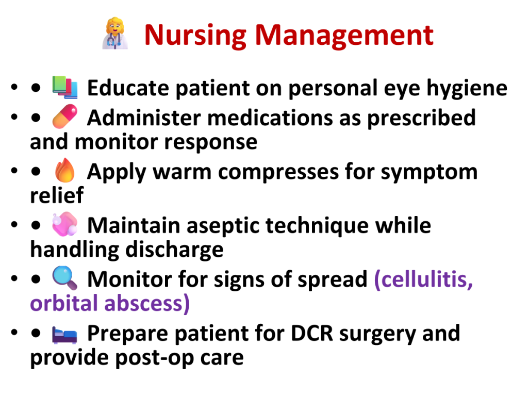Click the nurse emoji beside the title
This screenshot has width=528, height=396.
tap(115, 34)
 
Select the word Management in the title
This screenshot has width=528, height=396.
tap(344, 36)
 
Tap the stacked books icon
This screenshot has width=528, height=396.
tap(65, 88)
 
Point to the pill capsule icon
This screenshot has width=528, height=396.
tap(65, 117)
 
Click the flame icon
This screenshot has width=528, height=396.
tap(65, 170)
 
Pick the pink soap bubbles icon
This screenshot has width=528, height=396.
tap(65, 224)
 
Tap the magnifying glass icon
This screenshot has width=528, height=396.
tap(65, 278)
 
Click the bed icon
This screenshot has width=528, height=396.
tap(64, 334)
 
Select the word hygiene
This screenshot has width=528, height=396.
tap(467, 89)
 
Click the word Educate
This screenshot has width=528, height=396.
tap(128, 88)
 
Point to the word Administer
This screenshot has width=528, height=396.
tap(144, 118)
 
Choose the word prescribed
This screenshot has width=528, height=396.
tap(421, 119)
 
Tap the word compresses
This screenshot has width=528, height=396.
tap(278, 173)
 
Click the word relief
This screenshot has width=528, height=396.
tap(57, 195)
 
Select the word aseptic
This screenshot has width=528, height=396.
tap(223, 226)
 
